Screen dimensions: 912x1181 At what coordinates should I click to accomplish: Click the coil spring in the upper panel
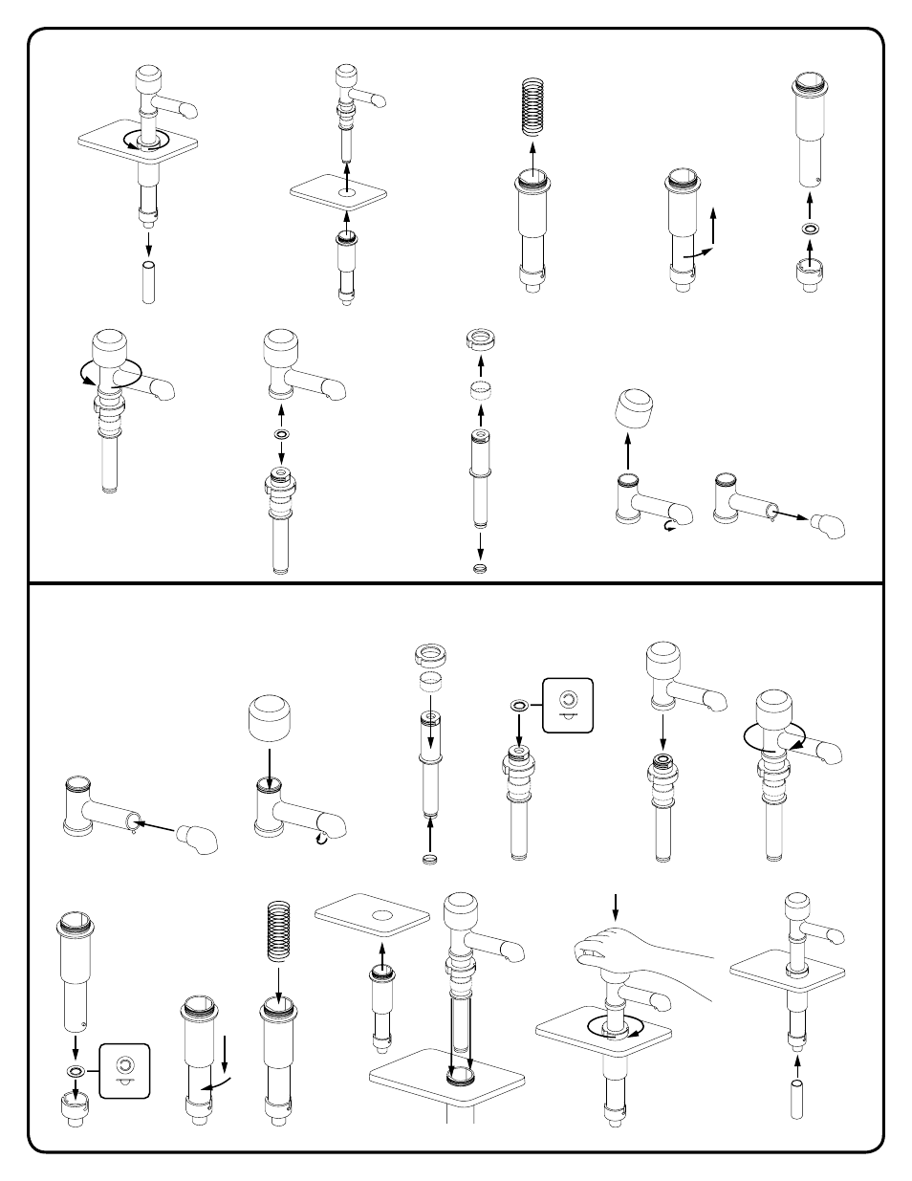[532, 112]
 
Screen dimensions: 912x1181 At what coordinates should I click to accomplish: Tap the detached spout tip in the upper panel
[828, 527]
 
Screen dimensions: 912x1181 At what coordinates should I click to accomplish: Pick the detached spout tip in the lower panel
[200, 838]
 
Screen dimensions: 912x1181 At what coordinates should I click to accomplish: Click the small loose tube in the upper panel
[148, 282]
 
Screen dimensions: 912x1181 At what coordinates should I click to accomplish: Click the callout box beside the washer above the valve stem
[568, 705]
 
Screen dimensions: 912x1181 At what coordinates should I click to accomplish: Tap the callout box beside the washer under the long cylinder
[124, 1071]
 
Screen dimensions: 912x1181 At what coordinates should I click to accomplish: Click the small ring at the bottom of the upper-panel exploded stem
[481, 568]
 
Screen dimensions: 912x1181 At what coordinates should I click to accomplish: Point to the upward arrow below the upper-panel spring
[532, 152]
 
